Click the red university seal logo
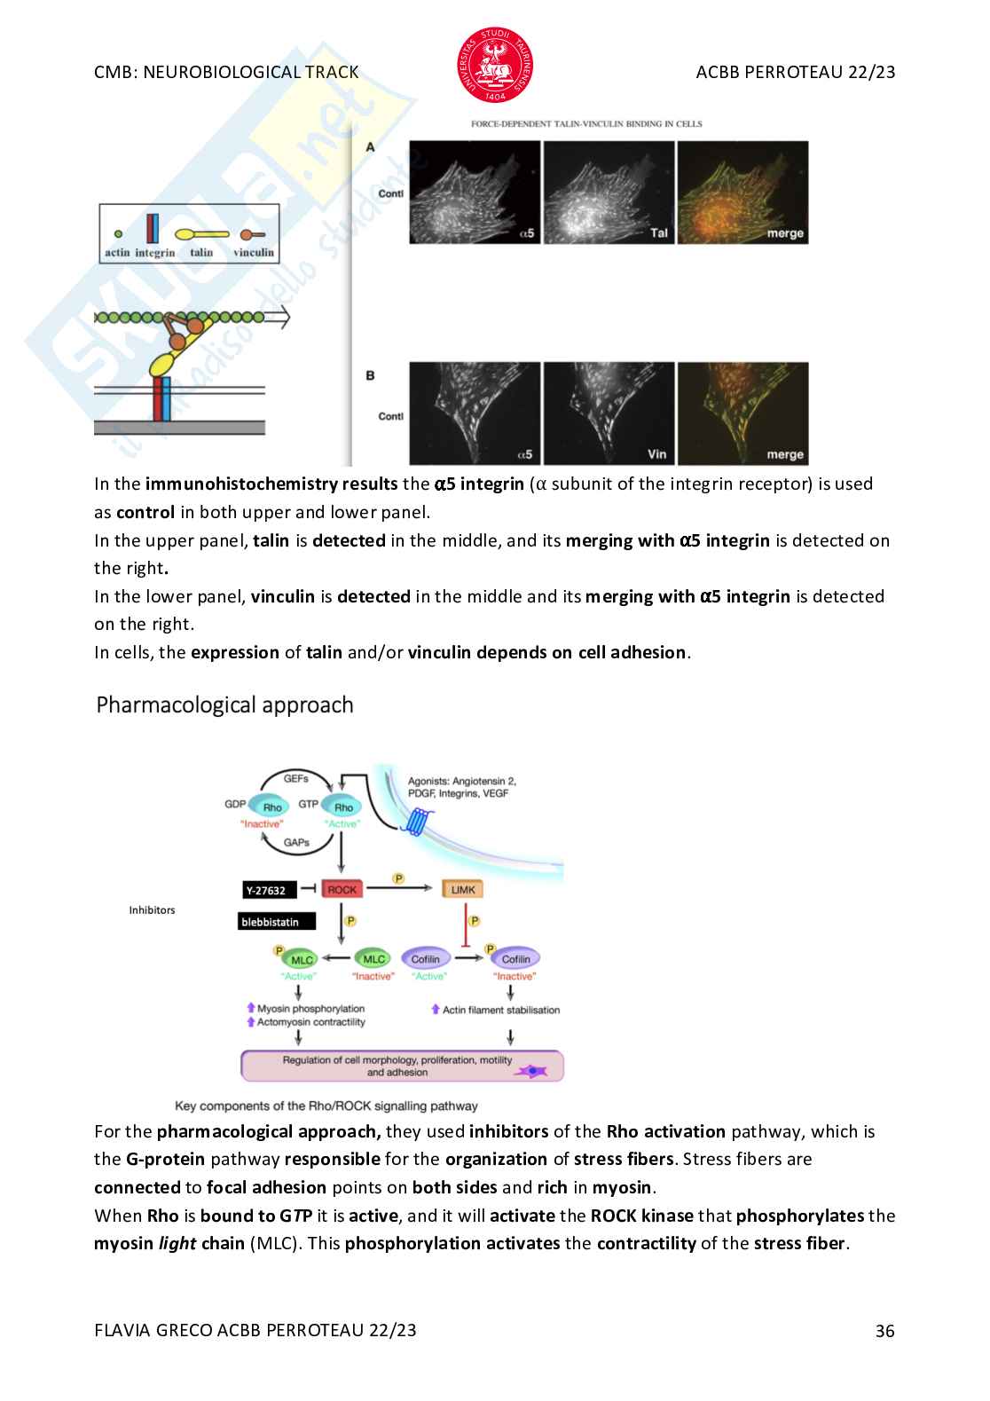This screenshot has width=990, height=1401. (495, 65)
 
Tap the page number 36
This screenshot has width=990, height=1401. (884, 1330)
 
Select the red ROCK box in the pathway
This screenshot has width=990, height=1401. (342, 889)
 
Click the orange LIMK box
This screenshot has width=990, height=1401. (463, 889)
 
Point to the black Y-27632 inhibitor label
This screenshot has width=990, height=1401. (270, 890)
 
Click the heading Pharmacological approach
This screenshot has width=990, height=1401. (224, 704)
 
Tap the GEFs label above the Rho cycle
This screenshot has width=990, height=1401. (296, 778)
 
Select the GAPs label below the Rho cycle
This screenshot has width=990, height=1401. (296, 842)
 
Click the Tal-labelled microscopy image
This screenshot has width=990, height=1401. (609, 192)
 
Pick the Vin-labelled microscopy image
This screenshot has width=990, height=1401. (609, 413)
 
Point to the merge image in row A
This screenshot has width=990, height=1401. (742, 192)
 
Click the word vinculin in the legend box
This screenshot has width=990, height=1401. (254, 252)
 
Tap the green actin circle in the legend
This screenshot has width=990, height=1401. (118, 234)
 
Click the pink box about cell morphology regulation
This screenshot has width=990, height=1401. (402, 1066)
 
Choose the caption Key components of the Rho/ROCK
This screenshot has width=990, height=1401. (326, 1106)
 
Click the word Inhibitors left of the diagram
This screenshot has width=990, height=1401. (152, 910)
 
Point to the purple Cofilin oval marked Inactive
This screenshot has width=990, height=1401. (515, 958)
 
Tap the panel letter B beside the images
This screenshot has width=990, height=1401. (370, 375)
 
